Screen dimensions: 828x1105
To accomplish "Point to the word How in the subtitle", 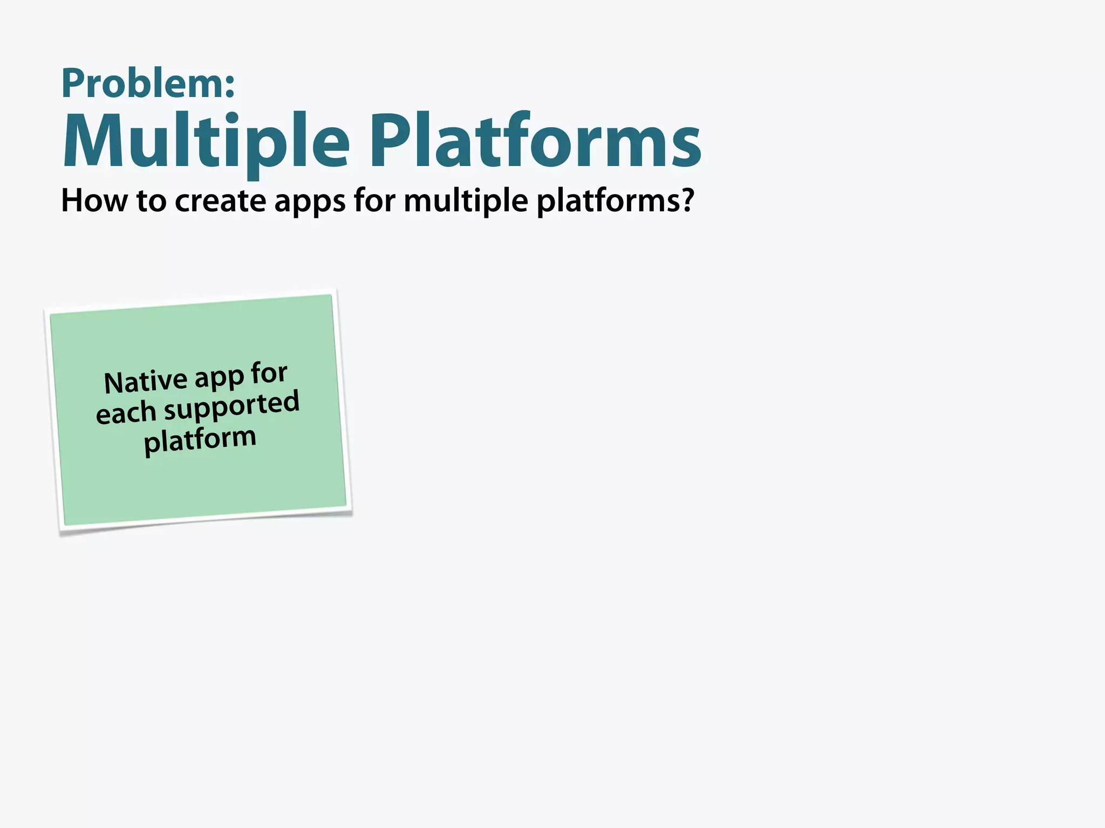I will click(94, 201).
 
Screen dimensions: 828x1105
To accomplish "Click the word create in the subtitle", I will click(220, 201).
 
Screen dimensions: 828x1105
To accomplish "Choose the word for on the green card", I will click(269, 372).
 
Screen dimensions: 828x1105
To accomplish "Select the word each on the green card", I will click(126, 413).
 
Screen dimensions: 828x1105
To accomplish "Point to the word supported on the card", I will click(231, 408).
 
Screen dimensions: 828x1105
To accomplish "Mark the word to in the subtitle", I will click(151, 201).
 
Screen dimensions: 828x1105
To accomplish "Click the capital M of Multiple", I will click(92, 141).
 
